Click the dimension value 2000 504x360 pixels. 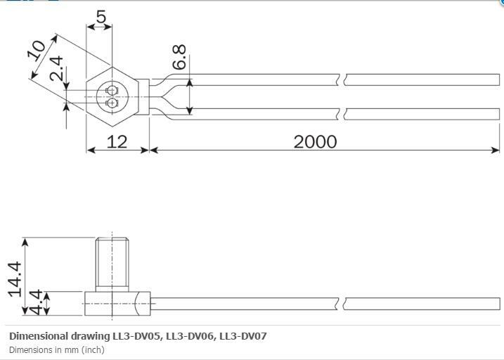tap(315, 141)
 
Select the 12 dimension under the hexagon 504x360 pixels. tap(117, 141)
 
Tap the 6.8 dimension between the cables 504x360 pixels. tap(180, 58)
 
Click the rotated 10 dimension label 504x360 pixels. tap(37, 51)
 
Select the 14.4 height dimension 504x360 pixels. tap(15, 278)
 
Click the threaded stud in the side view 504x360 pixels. tap(112, 264)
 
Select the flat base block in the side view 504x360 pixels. tap(116, 303)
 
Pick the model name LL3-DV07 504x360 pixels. tap(243, 335)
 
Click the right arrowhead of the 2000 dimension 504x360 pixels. tap(496, 150)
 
